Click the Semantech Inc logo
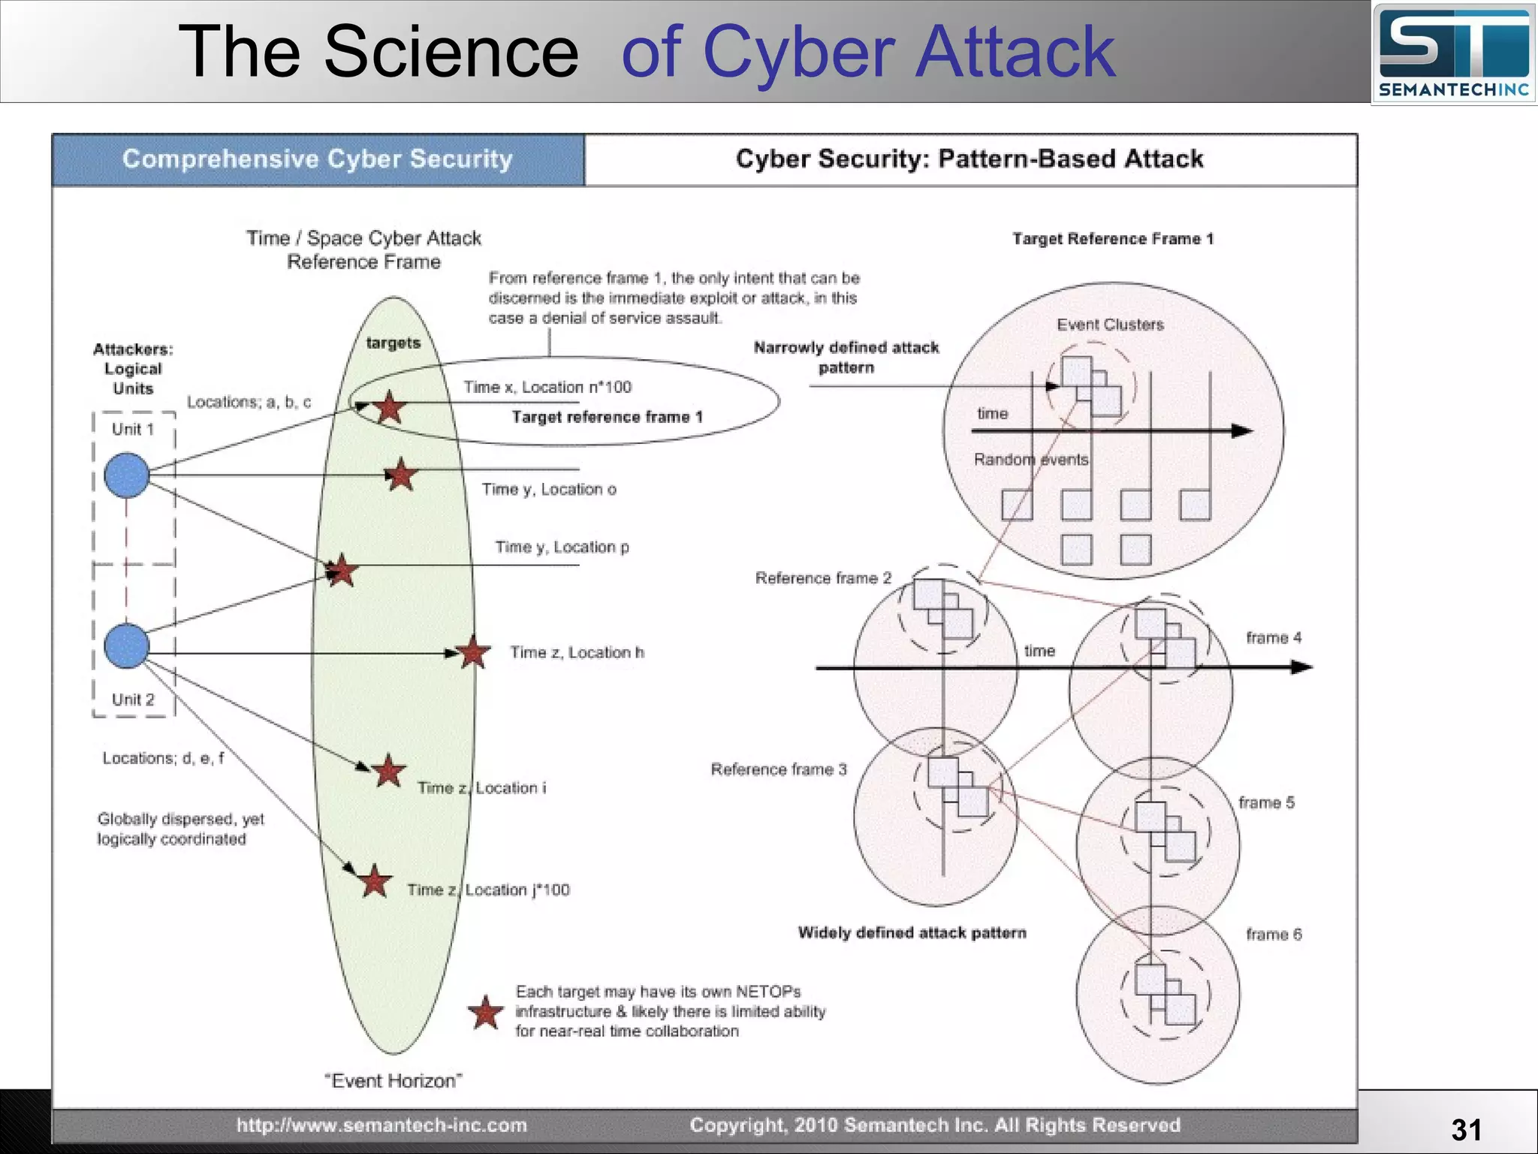(x=1454, y=54)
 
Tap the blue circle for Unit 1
(x=126, y=476)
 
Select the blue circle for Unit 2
(x=126, y=646)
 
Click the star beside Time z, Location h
(x=473, y=652)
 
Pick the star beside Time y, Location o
(x=401, y=475)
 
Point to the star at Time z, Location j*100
(x=374, y=882)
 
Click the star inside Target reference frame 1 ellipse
(x=389, y=408)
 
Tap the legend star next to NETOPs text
(x=486, y=1014)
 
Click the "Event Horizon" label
(x=393, y=1080)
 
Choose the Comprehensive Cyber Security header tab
(x=318, y=159)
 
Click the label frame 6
(x=1274, y=935)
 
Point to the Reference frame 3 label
(x=779, y=769)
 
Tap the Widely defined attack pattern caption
(x=912, y=932)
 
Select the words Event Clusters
(x=1110, y=325)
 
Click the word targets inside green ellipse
(x=394, y=343)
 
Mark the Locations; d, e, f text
(x=163, y=758)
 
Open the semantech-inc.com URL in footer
(x=381, y=1125)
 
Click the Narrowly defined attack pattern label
(x=846, y=357)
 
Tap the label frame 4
(x=1274, y=638)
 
